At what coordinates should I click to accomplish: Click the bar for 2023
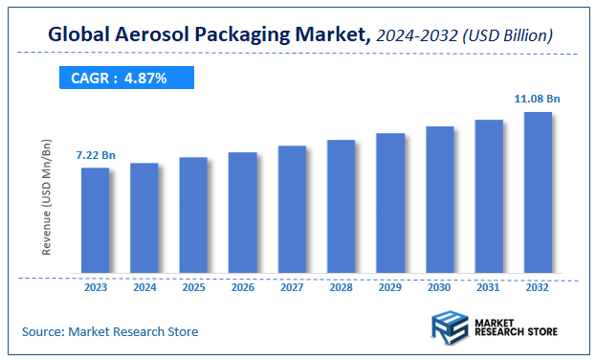[x=95, y=220]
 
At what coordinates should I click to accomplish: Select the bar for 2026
[x=243, y=213]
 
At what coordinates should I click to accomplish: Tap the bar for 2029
[x=390, y=203]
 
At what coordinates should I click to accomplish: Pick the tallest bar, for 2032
[x=539, y=192]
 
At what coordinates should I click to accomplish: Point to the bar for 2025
[x=193, y=215]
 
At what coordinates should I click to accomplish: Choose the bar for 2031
[x=489, y=196]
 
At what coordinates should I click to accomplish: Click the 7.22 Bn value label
[x=96, y=154]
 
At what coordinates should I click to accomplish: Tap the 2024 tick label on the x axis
[x=144, y=287]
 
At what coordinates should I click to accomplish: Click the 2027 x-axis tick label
[x=292, y=287]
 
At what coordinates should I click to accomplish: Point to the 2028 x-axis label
[x=342, y=287]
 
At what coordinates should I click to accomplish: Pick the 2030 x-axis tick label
[x=440, y=287]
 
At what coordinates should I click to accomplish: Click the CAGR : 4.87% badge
[x=120, y=78]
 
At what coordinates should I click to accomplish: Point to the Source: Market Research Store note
[x=110, y=331]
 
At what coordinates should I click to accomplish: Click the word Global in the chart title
[x=82, y=35]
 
